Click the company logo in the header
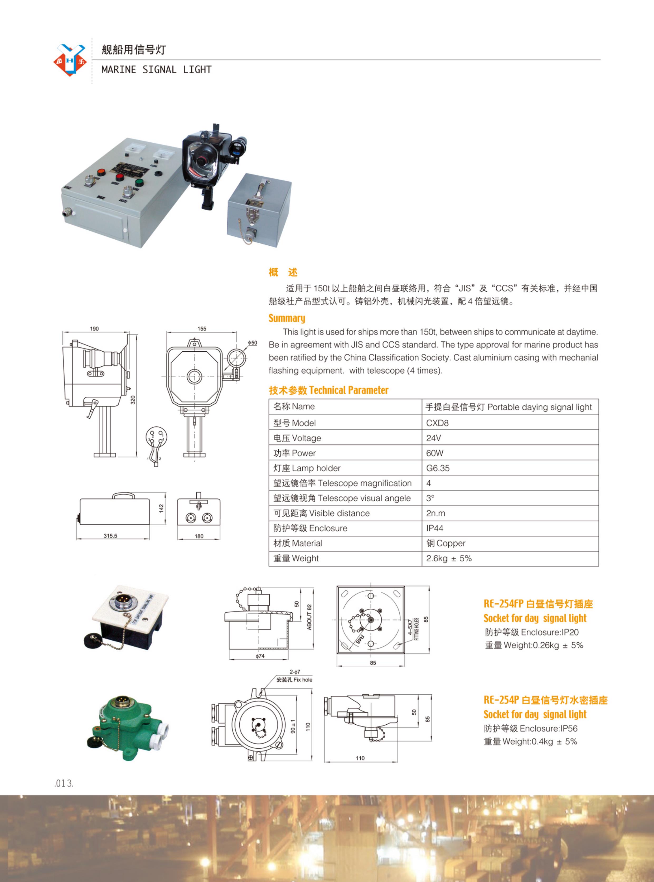[70, 60]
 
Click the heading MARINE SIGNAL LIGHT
[156, 70]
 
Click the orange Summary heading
[287, 318]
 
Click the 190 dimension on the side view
[94, 328]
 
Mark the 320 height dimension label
[133, 400]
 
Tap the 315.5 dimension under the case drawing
[110, 536]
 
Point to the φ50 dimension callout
[253, 343]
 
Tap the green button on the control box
[139, 182]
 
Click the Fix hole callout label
[294, 680]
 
